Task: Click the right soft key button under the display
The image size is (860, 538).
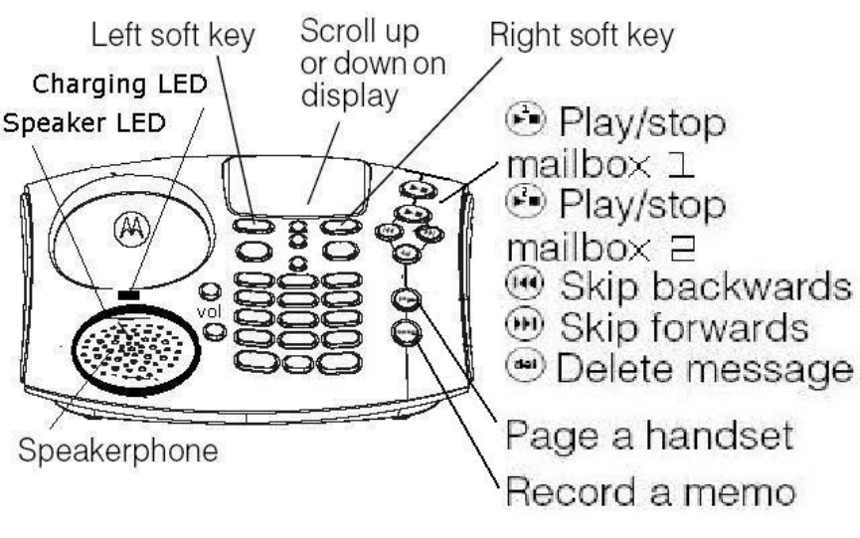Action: [x=342, y=226]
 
